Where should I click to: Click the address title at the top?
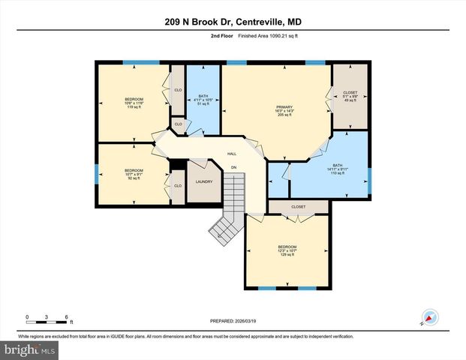(233, 22)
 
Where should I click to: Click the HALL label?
(233, 154)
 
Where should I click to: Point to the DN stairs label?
(233, 166)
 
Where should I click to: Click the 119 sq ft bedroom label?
(134, 103)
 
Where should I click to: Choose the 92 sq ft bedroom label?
(134, 174)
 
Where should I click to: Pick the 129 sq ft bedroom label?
(287, 250)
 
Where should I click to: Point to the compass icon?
(430, 317)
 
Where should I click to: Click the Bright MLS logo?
(30, 349)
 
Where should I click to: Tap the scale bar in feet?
(47, 319)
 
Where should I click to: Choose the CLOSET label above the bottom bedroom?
(298, 206)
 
